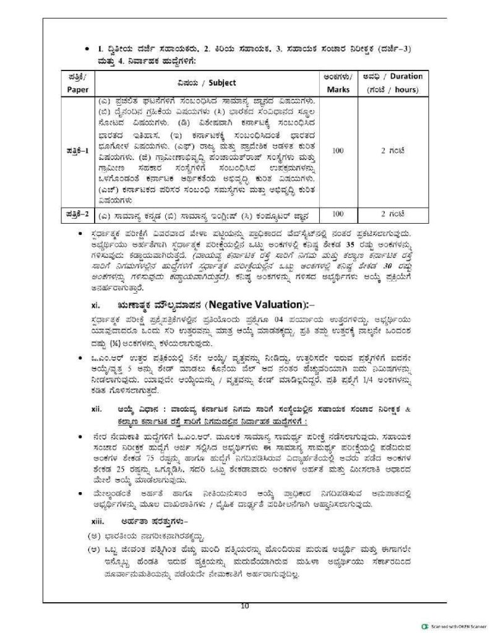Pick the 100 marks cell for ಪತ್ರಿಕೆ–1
pos(338,150)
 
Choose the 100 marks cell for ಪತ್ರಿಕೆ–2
pos(338,214)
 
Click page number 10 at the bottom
pos(244,606)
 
